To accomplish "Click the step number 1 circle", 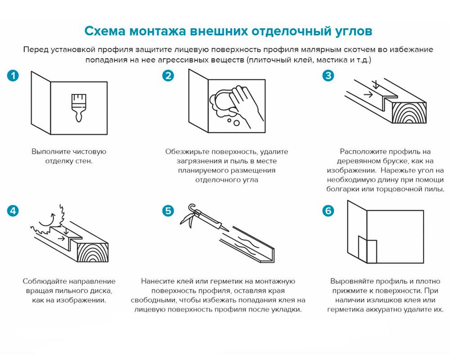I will pos(13,76).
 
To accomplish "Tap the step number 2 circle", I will pos(168,76).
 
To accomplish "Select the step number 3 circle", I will pos(328,76).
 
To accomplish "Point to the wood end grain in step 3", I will pos(409,110).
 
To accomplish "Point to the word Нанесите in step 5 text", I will pos(156,281).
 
